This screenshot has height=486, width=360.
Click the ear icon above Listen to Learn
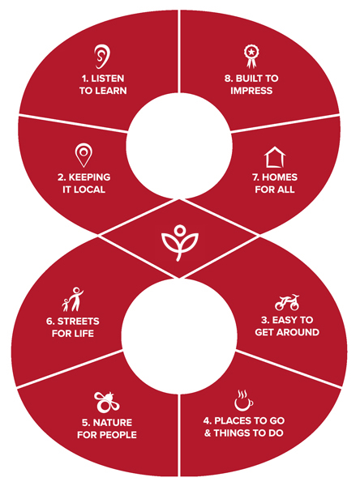pos(102,56)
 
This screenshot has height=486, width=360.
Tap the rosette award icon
pos(251,56)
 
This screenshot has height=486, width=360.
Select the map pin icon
pos(84,155)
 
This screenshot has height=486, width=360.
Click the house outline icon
pos(275,157)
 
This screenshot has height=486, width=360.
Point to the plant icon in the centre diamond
pos(180,243)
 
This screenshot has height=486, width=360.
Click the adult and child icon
pos(73,300)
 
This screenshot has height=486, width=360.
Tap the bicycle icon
pos(287,302)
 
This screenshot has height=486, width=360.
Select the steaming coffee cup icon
pos(243,400)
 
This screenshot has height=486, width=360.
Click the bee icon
pos(106,402)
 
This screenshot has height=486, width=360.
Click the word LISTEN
pos(108,79)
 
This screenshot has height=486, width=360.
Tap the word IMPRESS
pos(251,91)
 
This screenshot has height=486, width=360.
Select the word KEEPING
pos(89,177)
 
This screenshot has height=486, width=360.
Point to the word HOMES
pos(280,177)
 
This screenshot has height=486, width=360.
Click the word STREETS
pos(78,321)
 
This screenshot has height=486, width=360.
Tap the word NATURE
pos(113,423)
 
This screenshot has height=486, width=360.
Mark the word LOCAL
pos(89,190)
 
